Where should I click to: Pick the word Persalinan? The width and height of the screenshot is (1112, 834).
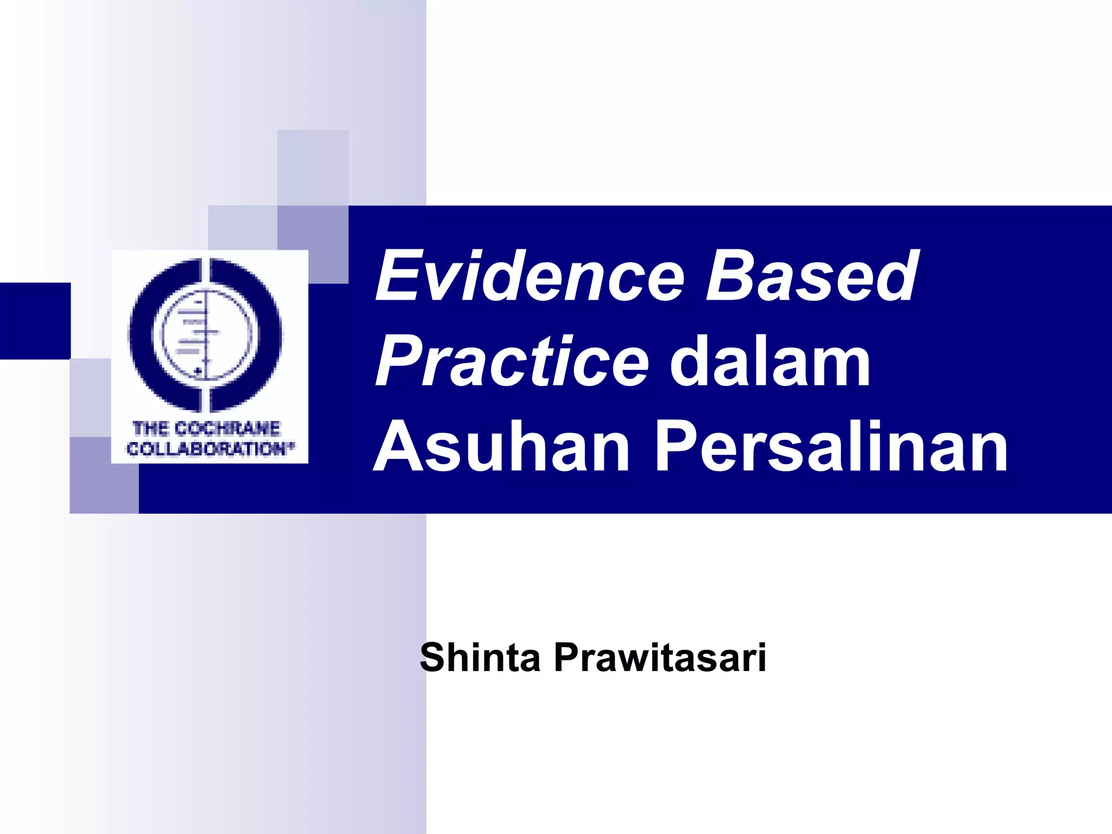831,447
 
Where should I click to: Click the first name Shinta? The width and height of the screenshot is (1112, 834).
480,658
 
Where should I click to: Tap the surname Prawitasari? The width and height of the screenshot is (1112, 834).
660,658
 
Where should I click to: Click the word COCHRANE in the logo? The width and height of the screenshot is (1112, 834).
228,428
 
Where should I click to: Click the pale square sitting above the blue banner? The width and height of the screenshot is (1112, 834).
312,167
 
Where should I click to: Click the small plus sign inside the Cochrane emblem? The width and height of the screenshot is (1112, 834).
198,371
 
